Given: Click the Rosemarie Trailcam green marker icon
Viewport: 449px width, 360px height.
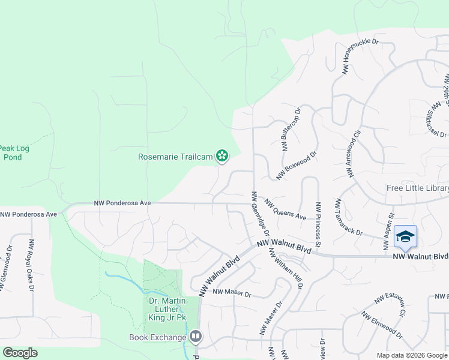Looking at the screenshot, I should point(223,157).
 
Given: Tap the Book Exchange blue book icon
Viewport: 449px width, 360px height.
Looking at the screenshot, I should point(196,337).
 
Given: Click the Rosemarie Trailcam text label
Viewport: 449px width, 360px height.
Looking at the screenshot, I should point(176,157).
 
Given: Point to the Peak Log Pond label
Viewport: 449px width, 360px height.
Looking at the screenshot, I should point(13,152).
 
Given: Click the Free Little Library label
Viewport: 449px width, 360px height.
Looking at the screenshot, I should point(417,188).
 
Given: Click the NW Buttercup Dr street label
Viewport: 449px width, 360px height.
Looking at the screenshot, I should point(291,130).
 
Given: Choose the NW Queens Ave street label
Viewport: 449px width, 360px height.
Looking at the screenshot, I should point(286,209).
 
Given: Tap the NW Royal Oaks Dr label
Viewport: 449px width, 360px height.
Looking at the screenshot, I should point(31,265).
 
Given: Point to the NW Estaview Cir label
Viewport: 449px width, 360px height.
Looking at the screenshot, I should point(391,304).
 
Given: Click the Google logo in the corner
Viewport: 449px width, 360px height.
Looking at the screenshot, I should point(20,353).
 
